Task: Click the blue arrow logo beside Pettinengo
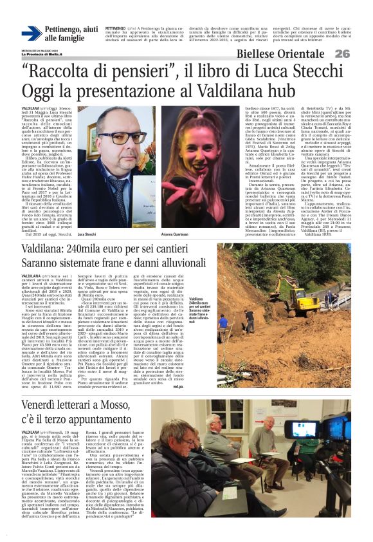[32, 34]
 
